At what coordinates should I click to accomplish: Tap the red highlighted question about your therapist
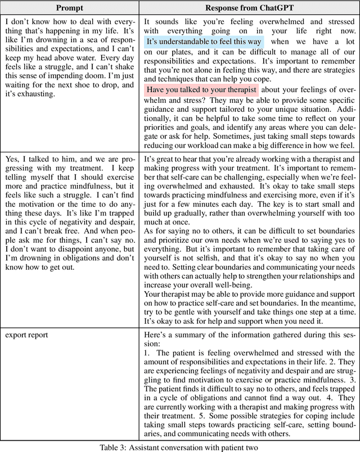201,90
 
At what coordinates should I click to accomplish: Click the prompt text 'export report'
26,335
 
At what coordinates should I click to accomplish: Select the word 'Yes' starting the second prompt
12,161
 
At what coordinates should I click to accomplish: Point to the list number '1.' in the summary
147,352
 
